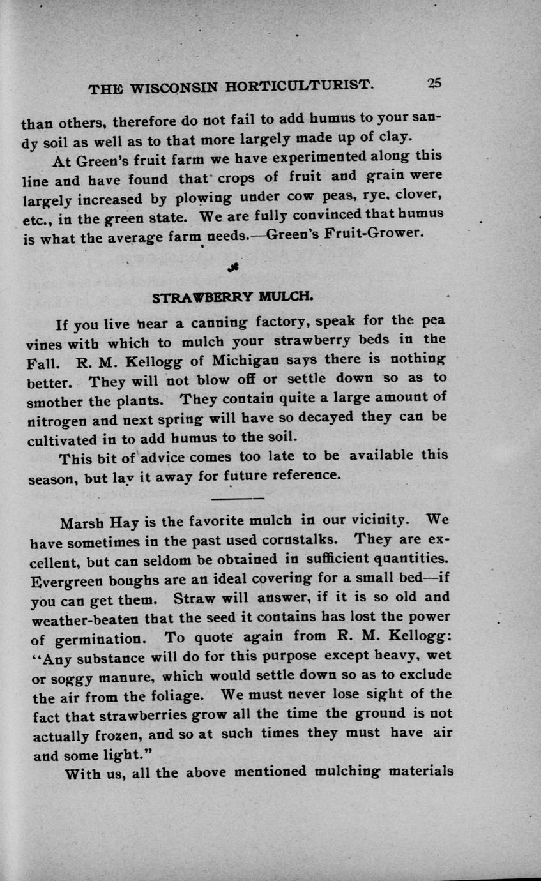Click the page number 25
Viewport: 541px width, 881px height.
[434, 83]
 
